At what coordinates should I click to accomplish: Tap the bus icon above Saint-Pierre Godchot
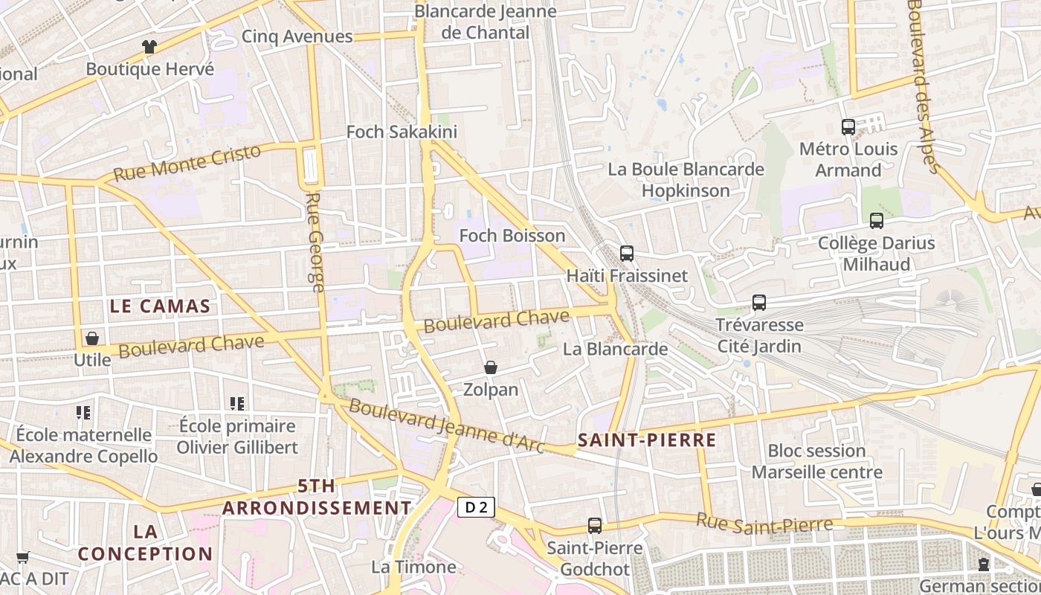coord(595,526)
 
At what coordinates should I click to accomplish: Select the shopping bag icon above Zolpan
coord(491,367)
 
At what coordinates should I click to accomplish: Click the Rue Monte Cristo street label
coord(187,163)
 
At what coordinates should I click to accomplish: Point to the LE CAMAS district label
coord(160,306)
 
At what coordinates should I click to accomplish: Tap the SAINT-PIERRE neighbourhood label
coord(647,440)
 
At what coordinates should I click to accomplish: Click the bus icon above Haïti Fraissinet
coord(627,253)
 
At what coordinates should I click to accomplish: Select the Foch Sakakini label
coord(402,132)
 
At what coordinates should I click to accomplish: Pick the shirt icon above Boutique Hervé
coord(149,47)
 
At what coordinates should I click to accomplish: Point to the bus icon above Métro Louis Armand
coord(848,126)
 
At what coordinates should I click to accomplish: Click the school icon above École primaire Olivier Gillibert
coord(237,404)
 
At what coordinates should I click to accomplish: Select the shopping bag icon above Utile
coord(92,338)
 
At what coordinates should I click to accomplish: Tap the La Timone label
coord(413,567)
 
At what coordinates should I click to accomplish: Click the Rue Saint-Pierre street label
coord(764,524)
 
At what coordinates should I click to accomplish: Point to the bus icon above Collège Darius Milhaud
coord(877,221)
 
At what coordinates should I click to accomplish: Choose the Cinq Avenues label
coord(297,36)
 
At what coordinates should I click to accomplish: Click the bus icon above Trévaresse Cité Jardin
coord(759,303)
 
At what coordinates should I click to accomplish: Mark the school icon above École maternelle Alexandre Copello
coord(83,412)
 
